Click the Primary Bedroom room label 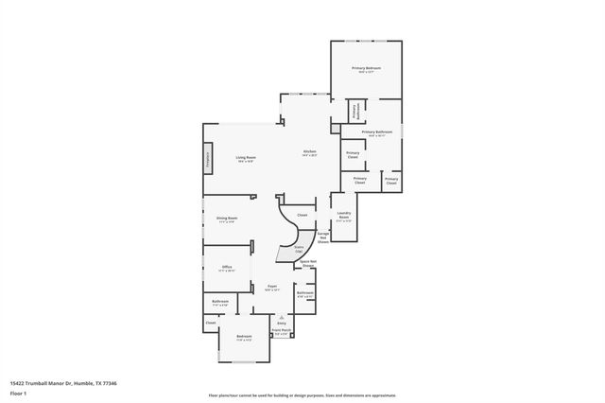pyautogui.click(x=365, y=69)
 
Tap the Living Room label pyautogui.click(x=247, y=159)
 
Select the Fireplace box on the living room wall pyautogui.click(x=208, y=161)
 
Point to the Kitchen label pyautogui.click(x=309, y=152)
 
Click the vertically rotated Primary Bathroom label pyautogui.click(x=356, y=111)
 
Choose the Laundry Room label pyautogui.click(x=343, y=216)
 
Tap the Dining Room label pyautogui.click(x=226, y=219)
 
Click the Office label pyautogui.click(x=227, y=268)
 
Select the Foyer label pyautogui.click(x=271, y=287)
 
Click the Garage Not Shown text pyautogui.click(x=322, y=237)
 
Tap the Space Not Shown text pyautogui.click(x=307, y=263)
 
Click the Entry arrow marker pyautogui.click(x=281, y=320)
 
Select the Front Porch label pyautogui.click(x=282, y=331)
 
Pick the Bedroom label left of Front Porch pyautogui.click(x=244, y=338)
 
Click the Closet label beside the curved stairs pyautogui.click(x=302, y=216)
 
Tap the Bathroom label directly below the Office pyautogui.click(x=220, y=305)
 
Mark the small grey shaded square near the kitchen pyautogui.click(x=335, y=127)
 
